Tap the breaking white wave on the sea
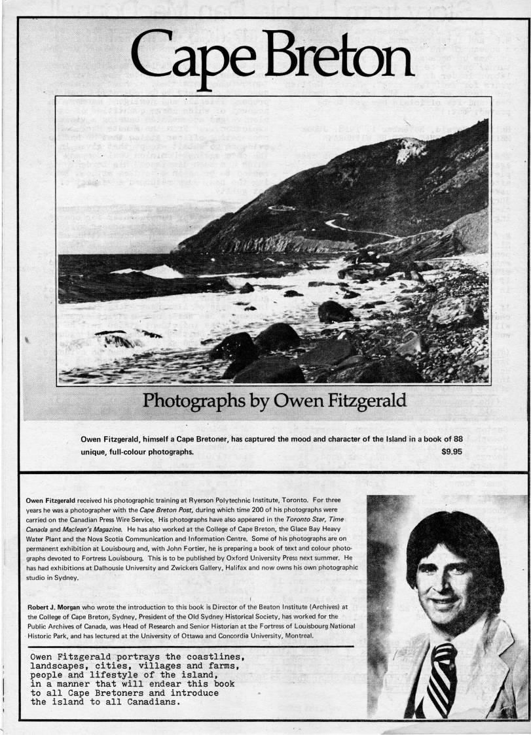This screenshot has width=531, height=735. pyautogui.click(x=157, y=271)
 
